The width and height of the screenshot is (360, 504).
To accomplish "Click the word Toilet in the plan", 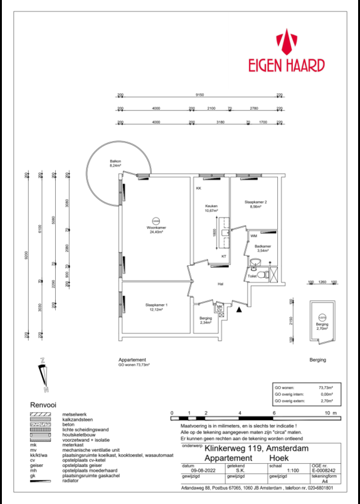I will tap(252, 276).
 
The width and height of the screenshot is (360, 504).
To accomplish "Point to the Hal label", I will tap(220, 284).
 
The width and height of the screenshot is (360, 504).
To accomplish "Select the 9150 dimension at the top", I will tap(199, 95).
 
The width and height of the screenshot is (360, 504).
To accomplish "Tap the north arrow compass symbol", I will tap(42, 370).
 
